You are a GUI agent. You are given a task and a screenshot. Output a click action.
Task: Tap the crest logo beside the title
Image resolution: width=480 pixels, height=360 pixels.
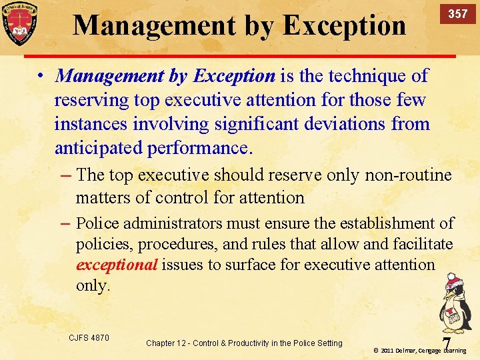[19, 25]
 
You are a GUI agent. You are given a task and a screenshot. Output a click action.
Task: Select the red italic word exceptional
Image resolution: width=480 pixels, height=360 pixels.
[117, 265]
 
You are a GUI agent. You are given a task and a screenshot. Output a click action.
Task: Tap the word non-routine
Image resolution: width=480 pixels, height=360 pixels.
[408, 175]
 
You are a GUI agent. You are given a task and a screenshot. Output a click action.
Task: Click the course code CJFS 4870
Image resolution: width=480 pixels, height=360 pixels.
[89, 338]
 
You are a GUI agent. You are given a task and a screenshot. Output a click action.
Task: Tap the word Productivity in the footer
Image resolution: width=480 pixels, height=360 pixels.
[254, 343]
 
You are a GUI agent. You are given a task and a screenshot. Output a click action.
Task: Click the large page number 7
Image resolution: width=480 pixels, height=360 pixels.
[445, 341]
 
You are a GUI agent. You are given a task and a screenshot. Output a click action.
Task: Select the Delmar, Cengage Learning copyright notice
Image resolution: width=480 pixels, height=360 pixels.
[419, 350]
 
